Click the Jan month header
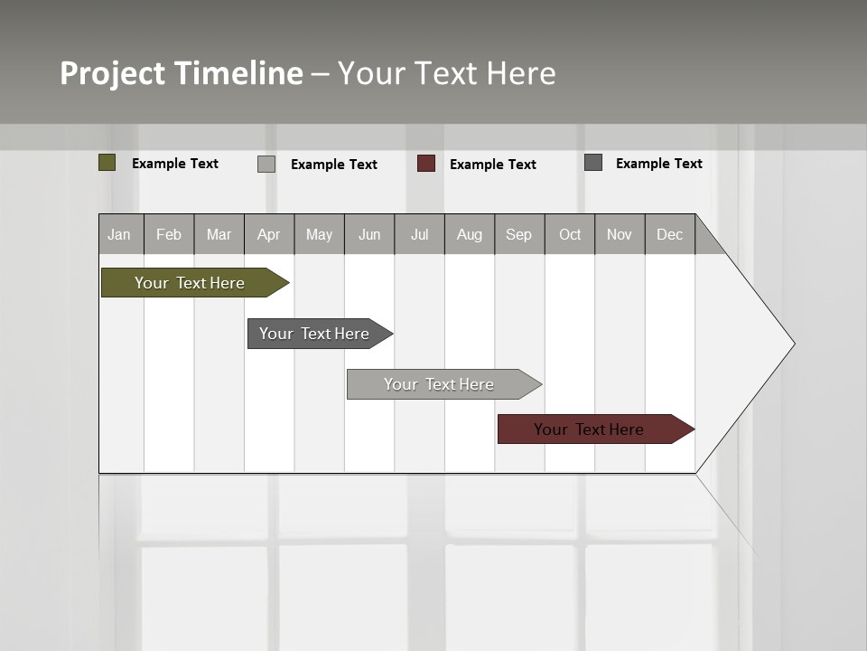[120, 234]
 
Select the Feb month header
[169, 234]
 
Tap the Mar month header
[219, 234]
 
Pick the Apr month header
[269, 234]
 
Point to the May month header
[319, 234]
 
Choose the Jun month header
[369, 234]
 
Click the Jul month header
[419, 234]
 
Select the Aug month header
[470, 234]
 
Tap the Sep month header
[519, 234]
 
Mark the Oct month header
[570, 234]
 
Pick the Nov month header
[620, 234]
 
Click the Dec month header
[669, 234]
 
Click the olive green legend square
[107, 163]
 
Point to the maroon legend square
[426, 164]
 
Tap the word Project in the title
[113, 73]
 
